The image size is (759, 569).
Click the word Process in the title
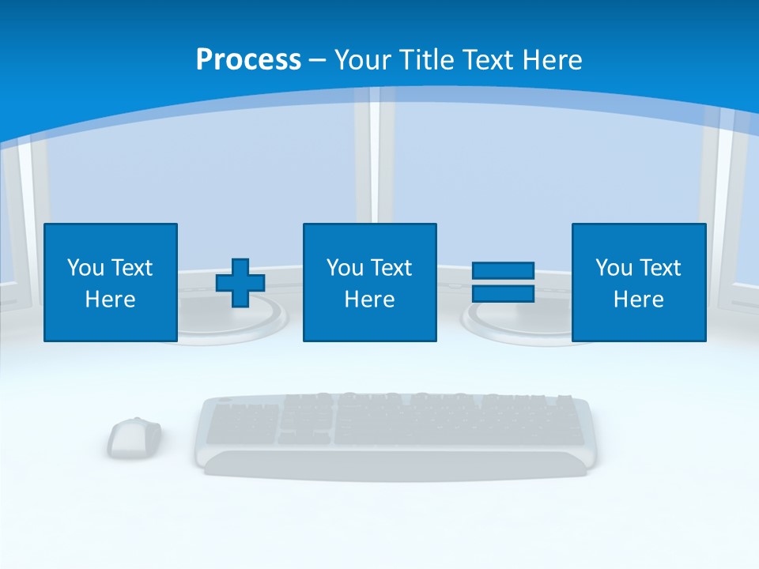[x=248, y=60]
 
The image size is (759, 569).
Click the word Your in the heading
[x=364, y=60]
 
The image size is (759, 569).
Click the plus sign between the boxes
[x=240, y=283]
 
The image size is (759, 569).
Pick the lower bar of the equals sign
[x=503, y=293]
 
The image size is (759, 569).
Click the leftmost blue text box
[x=111, y=282]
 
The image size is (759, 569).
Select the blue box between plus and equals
[x=369, y=282]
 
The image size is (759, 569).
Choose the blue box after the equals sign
[x=638, y=282]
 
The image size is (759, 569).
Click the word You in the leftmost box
[x=85, y=268]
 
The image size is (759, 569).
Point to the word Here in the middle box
[x=369, y=300]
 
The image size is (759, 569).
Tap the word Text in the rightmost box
[x=659, y=268]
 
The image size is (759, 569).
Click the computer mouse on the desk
[x=134, y=437]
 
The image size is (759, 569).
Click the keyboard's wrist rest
[x=395, y=465]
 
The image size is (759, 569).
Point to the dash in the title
[x=318, y=60]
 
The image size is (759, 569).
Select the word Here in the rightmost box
[x=638, y=300]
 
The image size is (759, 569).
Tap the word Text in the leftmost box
[x=131, y=268]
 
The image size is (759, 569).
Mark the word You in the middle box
[x=345, y=268]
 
